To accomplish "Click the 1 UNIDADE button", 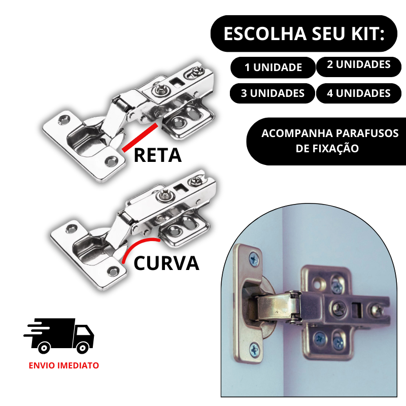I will click(x=273, y=67).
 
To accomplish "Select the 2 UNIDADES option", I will click(x=358, y=65).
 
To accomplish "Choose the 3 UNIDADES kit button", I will click(x=273, y=93).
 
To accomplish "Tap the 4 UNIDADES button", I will click(x=358, y=93).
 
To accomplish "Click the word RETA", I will click(x=157, y=155).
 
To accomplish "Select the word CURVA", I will click(x=166, y=263).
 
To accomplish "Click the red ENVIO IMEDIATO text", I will click(x=64, y=365).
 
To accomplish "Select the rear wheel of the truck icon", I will click(x=44, y=347).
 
